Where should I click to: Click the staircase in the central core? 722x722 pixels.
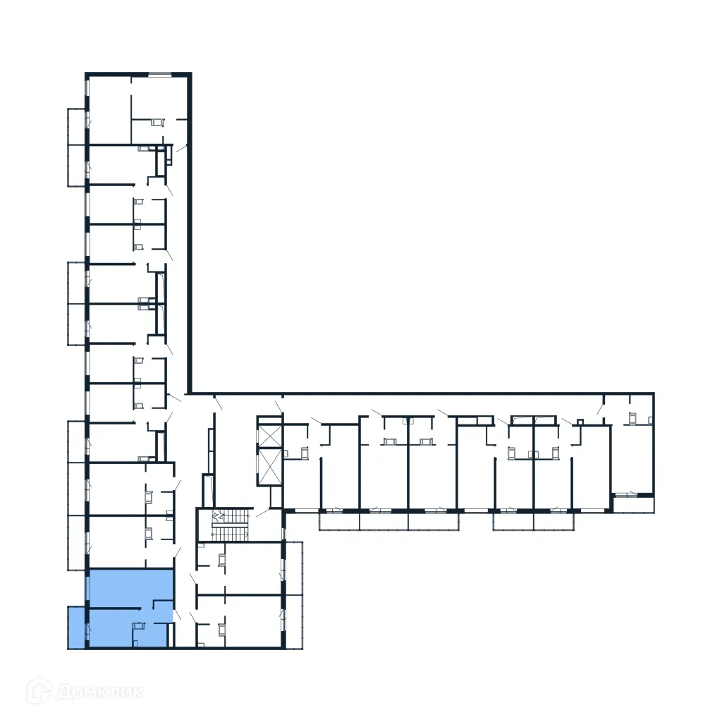[231, 525]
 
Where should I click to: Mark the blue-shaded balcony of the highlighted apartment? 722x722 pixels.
[76, 627]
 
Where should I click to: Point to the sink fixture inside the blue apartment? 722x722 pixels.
[140, 626]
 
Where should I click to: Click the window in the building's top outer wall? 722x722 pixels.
[159, 74]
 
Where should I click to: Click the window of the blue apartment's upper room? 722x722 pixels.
[87, 587]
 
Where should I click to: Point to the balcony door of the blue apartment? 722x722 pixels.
[87, 630]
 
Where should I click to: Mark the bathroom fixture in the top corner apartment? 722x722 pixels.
[157, 123]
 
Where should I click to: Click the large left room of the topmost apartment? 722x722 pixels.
[109, 109]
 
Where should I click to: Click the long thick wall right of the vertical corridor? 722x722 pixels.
[189, 233]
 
